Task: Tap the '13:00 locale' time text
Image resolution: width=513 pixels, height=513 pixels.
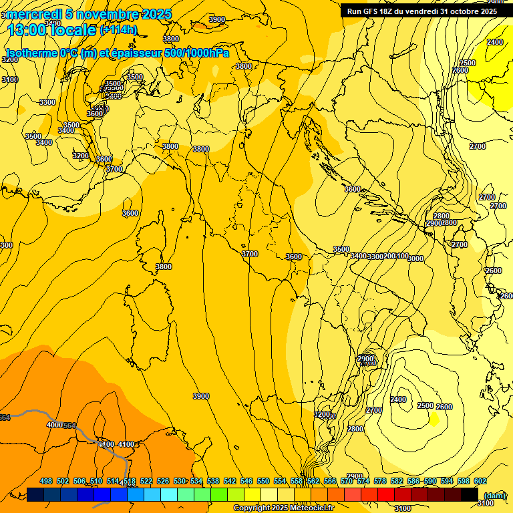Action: point(51,30)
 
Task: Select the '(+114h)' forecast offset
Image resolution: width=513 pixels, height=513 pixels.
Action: point(119,30)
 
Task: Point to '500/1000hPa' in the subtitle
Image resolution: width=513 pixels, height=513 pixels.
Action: point(194,53)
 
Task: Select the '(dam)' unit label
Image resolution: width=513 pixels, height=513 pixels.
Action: point(494,496)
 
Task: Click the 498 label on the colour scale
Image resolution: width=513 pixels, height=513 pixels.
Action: point(46,481)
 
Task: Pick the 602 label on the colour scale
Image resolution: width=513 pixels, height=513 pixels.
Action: point(480,481)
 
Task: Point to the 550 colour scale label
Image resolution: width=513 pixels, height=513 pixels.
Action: point(263,481)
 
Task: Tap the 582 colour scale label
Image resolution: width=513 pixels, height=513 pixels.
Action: point(397,481)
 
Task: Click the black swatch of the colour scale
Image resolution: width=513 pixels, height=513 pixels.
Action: point(470,494)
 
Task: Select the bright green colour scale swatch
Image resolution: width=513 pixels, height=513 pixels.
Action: point(219,494)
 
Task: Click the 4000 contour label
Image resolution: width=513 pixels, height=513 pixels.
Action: point(54,425)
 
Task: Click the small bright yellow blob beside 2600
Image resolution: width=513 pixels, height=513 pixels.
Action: point(434,419)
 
